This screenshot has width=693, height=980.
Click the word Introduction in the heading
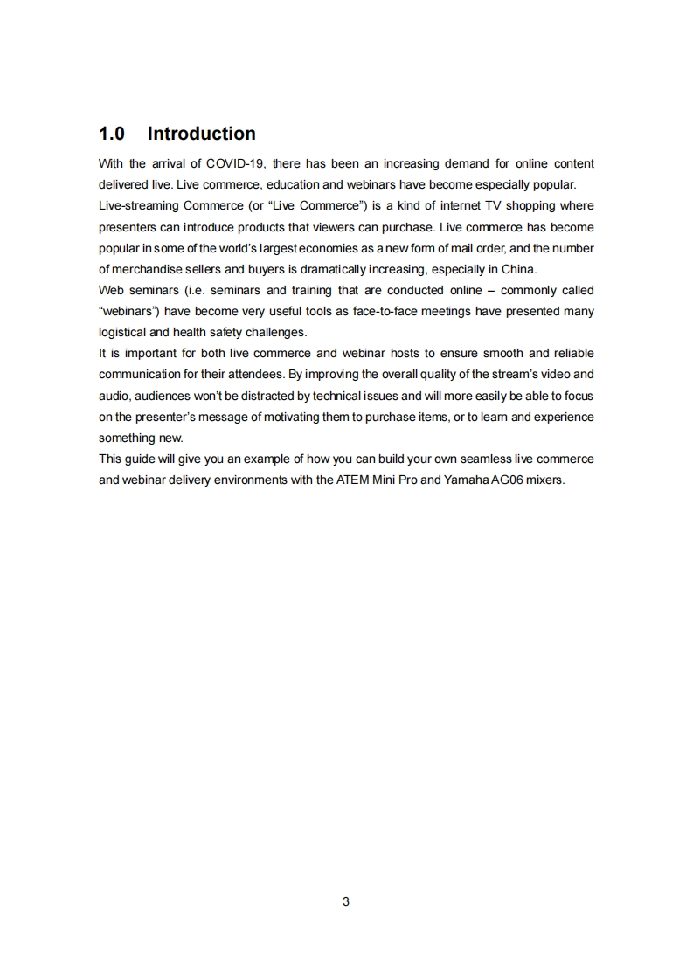tap(201, 134)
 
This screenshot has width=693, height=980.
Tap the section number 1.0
tap(112, 134)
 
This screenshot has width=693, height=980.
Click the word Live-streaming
tap(139, 205)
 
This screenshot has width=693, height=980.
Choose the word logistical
tap(123, 332)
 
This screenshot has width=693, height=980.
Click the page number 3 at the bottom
tap(346, 901)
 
